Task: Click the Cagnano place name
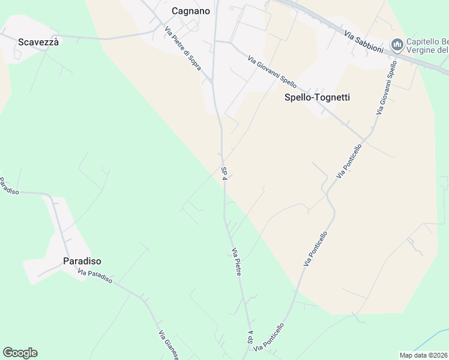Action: pos(190,10)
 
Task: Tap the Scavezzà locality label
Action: pos(38,42)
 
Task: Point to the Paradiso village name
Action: pos(82,261)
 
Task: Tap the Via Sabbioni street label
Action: pos(364,41)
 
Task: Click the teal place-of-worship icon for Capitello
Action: pos(396,44)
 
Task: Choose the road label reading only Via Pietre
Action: pos(237,262)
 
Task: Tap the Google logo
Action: pos(20,353)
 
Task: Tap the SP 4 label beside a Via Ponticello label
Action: pos(250,337)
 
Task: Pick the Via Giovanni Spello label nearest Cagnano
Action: pos(272,71)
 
